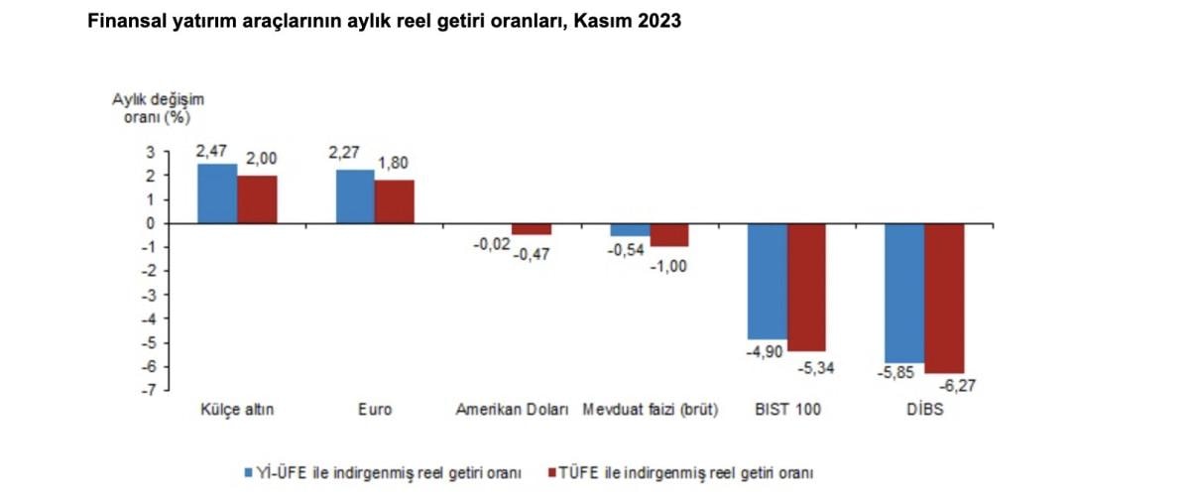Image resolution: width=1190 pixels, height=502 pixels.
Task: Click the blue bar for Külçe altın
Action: pyautogui.click(x=217, y=193)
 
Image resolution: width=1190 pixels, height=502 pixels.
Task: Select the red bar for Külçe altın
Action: pyautogui.click(x=257, y=199)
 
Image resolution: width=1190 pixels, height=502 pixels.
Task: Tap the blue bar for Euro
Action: pyautogui.click(x=355, y=196)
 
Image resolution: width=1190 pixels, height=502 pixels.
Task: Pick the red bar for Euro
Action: pyautogui.click(x=395, y=201)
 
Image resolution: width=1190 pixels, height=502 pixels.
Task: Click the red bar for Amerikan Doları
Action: pyautogui.click(x=532, y=229)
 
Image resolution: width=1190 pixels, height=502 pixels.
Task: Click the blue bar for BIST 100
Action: pyautogui.click(x=767, y=282)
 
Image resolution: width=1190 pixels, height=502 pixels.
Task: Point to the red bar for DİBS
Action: pyautogui.click(x=944, y=298)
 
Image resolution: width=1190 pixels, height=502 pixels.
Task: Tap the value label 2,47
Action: pyautogui.click(x=213, y=152)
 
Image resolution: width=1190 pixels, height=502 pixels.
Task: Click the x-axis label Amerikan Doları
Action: pyautogui.click(x=512, y=410)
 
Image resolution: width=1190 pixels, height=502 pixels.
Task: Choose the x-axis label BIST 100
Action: pyautogui.click(x=787, y=410)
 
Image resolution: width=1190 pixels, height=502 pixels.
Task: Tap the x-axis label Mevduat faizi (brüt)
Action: pyautogui.click(x=651, y=410)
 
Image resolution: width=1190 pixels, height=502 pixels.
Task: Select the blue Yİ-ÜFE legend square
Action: pyautogui.click(x=249, y=473)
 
